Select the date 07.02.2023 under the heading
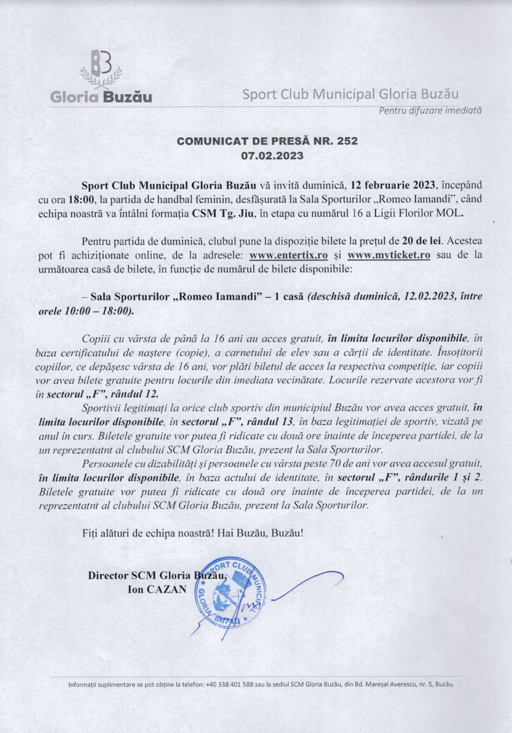tap(272, 155)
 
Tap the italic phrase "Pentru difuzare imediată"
tap(430, 110)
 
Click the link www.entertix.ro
tap(289, 255)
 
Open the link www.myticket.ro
tap(389, 255)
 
